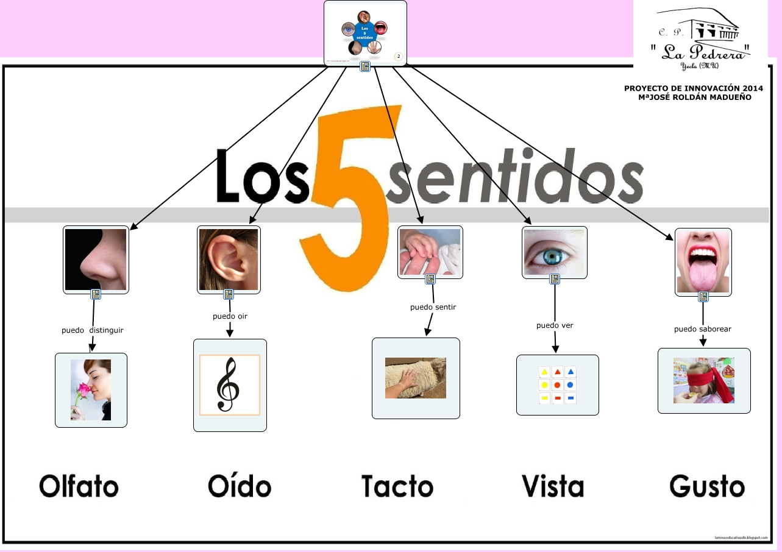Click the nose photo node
(96, 259)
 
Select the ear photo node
(229, 259)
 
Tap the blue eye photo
(554, 252)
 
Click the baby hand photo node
(430, 251)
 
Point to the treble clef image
(230, 385)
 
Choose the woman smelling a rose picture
(91, 390)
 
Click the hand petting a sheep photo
(416, 378)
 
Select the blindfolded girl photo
(704, 381)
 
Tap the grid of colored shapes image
(557, 385)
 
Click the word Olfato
(79, 486)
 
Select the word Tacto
(397, 486)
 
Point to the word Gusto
(707, 486)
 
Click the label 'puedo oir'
(230, 316)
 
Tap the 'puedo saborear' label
(702, 329)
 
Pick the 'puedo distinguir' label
(93, 330)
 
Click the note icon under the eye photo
(555, 279)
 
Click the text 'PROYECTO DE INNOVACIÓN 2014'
(694, 88)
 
